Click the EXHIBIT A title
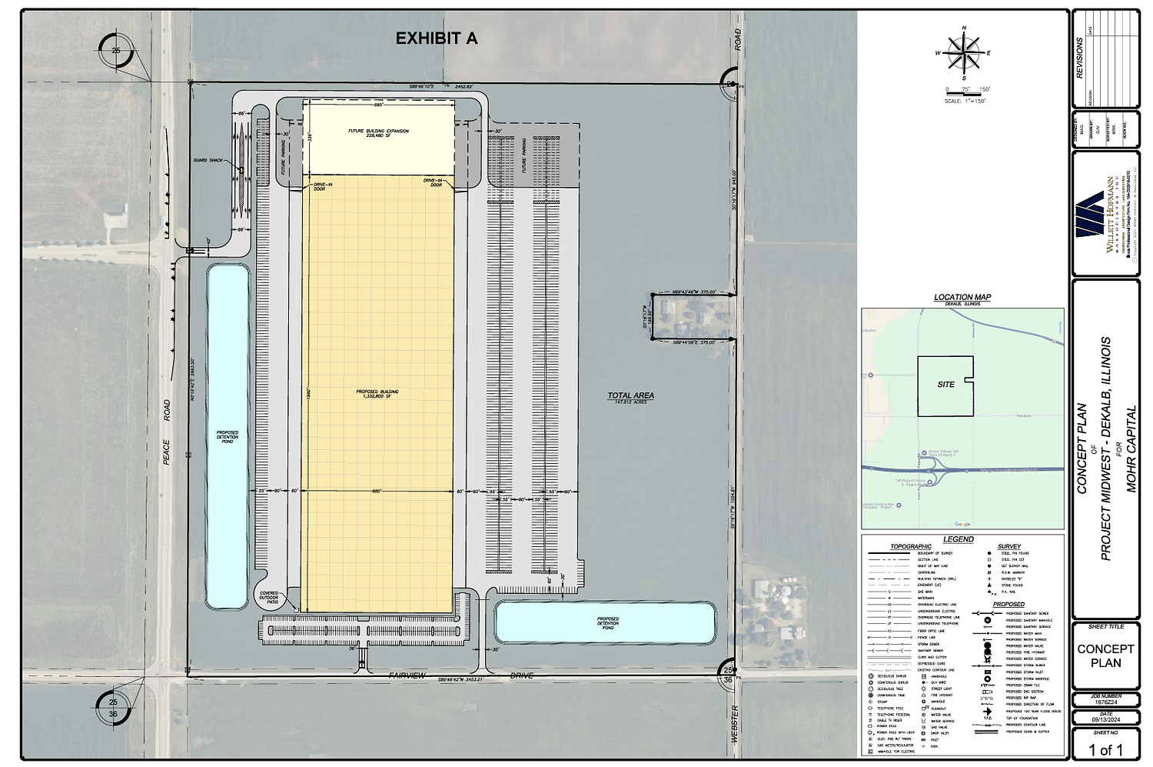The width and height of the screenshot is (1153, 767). [x=436, y=38]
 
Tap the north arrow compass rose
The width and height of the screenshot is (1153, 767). [x=963, y=53]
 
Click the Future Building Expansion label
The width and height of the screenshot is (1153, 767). [x=378, y=133]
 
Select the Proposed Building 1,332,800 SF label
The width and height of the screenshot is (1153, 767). [x=377, y=394]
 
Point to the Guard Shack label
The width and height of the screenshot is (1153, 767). [x=208, y=160]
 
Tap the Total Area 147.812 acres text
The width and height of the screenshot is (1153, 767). [x=630, y=398]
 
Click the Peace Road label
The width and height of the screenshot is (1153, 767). [x=166, y=432]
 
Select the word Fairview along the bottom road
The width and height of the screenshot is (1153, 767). [x=407, y=675]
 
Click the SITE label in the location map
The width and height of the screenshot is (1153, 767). [x=945, y=384]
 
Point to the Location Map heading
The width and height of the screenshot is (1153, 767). [x=962, y=297]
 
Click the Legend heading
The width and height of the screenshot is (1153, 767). [x=959, y=539]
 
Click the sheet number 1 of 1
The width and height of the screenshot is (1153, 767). [x=1106, y=750]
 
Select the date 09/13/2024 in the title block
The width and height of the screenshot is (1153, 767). [x=1106, y=719]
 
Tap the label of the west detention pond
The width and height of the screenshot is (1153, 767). [x=228, y=437]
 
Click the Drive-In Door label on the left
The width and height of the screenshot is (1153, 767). [x=319, y=186]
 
